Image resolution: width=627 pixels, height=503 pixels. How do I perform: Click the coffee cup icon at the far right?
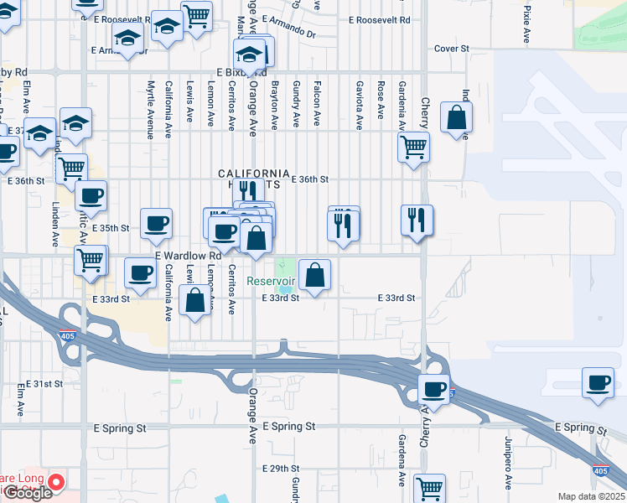598,383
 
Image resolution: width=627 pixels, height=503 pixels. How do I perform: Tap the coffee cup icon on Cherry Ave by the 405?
434,389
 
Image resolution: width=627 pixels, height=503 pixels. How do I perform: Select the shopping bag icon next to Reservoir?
315,275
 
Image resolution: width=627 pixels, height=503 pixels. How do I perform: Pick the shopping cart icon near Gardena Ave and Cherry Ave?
413,148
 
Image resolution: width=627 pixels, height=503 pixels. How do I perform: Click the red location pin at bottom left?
57,482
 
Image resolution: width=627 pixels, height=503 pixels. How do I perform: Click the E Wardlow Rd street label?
187,255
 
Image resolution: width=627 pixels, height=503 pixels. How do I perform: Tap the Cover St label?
451,49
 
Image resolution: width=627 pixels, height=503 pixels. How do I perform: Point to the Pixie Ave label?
527,25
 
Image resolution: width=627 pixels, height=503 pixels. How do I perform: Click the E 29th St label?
281,468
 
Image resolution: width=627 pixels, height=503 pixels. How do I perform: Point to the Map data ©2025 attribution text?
591,496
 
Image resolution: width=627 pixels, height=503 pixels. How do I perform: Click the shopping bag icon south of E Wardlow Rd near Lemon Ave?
195,301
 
